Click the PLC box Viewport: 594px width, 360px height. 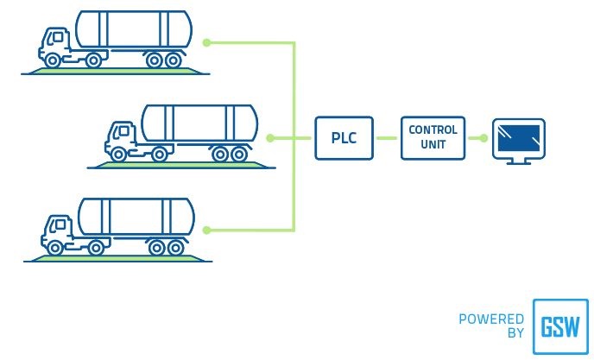pos(344,138)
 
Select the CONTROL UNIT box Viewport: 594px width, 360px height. pos(433,137)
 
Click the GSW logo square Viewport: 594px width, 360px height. pos(560,326)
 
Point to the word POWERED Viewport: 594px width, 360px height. pos(491,319)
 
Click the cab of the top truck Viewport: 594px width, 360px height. pos(56,42)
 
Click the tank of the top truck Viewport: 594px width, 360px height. pos(133,29)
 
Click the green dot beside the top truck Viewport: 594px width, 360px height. pos(205,41)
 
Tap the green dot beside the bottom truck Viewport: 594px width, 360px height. pos(208,230)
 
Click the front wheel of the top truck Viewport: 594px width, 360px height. pos(53,60)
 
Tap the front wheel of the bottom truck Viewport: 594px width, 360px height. pos(55,248)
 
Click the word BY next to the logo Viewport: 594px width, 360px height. pos(515,333)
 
